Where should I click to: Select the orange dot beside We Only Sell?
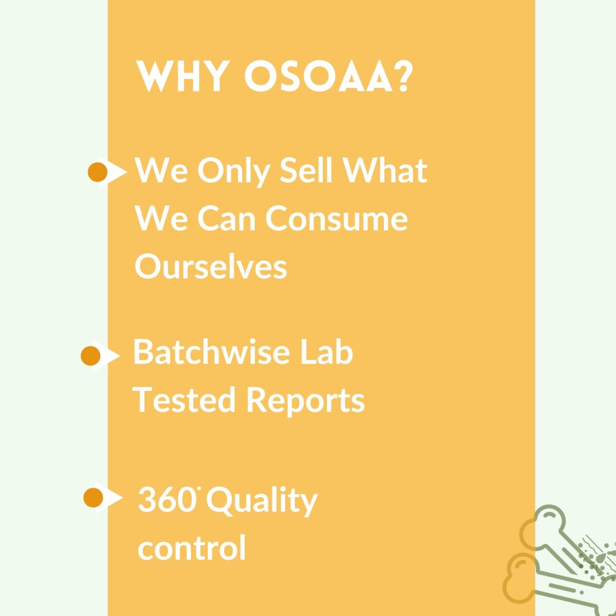click(98, 172)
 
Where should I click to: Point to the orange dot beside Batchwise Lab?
click(90, 356)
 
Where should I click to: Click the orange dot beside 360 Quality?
click(93, 497)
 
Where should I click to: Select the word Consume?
click(336, 218)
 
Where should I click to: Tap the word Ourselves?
click(210, 266)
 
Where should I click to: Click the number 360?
click(167, 500)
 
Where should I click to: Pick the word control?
click(191, 548)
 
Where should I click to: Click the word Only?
click(234, 171)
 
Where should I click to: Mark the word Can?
click(226, 218)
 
